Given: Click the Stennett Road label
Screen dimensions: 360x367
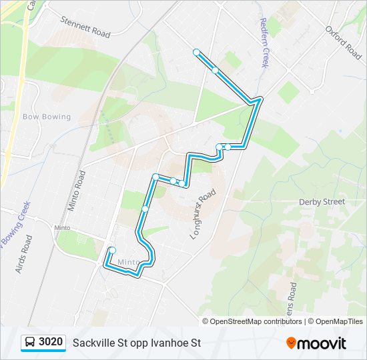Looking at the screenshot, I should pos(85,26).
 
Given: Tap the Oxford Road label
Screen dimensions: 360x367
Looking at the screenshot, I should pos(344,43).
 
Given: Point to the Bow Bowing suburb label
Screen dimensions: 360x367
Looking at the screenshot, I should pos(47,117).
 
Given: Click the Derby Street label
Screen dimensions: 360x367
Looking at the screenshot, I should pos(322,201).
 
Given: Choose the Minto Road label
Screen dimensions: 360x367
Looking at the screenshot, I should pos(77,190).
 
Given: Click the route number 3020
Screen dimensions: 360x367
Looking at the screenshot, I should pos(51,343).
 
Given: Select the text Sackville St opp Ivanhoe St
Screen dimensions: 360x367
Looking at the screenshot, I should pos(137,343).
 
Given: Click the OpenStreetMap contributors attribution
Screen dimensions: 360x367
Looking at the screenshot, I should pos(252,321).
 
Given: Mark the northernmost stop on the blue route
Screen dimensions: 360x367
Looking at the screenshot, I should pos(196,52).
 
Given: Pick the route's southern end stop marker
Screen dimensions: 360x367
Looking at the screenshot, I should pos(112,250).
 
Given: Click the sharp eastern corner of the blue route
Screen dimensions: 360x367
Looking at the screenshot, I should pos(260,100).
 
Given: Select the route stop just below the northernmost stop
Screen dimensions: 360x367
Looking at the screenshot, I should pos(215,69).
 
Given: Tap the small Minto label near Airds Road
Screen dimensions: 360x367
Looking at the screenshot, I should pos(62,228).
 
